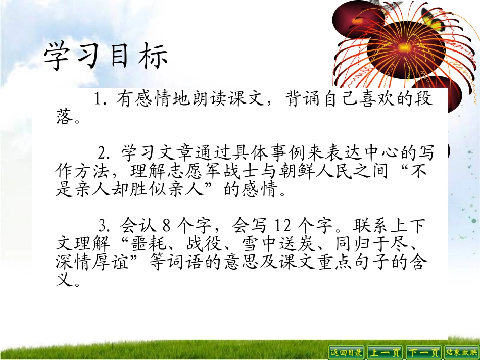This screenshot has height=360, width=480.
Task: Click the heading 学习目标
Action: (x=106, y=57)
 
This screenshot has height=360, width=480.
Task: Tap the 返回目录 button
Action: (x=346, y=352)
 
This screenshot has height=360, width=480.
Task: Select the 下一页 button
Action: (x=424, y=352)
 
